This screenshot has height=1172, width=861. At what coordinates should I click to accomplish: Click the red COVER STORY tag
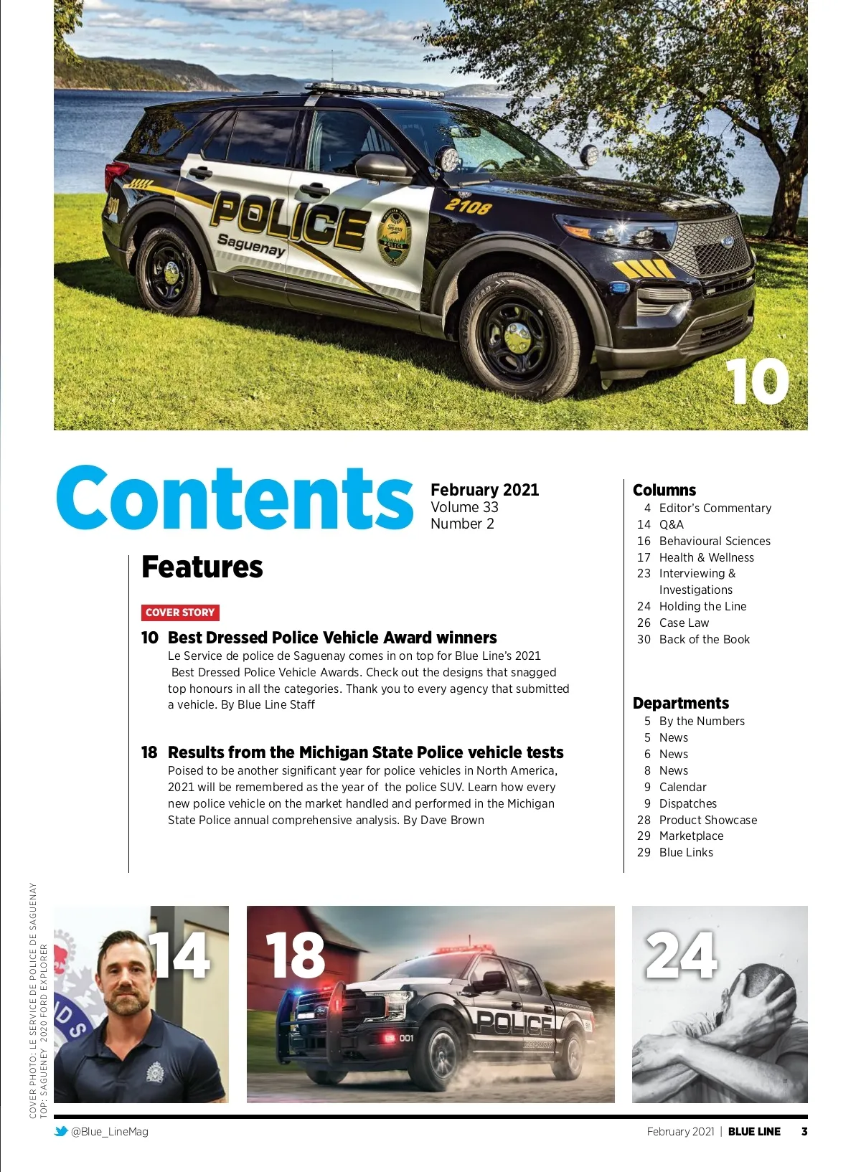[x=180, y=612]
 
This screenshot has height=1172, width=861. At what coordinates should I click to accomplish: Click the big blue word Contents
[x=235, y=498]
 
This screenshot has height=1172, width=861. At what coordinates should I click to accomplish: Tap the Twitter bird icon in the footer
[x=62, y=1131]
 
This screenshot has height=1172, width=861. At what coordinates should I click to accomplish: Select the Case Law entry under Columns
[x=684, y=623]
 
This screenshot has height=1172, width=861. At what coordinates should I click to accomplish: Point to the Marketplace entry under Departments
[x=691, y=836]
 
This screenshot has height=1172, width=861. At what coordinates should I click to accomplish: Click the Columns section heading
[x=664, y=490]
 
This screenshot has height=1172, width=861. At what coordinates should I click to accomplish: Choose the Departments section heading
[x=681, y=703]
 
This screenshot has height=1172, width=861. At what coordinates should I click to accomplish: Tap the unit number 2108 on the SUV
[x=468, y=207]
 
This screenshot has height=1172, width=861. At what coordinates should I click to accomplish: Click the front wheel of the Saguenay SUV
[x=517, y=337]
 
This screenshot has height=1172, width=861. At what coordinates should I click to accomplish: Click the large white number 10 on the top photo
[x=757, y=382]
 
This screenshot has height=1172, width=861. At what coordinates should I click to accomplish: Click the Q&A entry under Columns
[x=671, y=524]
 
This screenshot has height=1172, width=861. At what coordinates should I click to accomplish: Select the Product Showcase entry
[x=707, y=820]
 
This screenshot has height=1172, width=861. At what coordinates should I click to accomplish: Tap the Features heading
[x=202, y=567]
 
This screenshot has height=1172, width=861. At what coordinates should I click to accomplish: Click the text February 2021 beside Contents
[x=484, y=490]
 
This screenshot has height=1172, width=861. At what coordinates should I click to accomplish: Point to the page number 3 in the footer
[x=804, y=1131]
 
